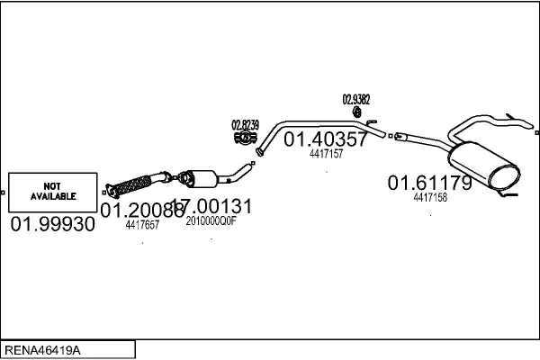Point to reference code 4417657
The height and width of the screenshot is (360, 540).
[142, 225]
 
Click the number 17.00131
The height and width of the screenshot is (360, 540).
[212, 207]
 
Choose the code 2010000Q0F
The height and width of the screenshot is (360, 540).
[211, 220]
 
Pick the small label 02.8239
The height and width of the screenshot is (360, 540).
[245, 125]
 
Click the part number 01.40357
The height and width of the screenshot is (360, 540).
[326, 139]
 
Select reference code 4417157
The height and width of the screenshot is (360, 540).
[326, 154]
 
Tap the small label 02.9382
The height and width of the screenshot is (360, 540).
[356, 99]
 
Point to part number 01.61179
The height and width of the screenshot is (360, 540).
[429, 184]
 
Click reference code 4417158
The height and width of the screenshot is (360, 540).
[430, 197]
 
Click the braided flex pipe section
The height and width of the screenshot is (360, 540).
[135, 184]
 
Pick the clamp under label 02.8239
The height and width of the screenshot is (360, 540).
[243, 139]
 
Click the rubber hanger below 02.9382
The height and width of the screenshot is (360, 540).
[356, 112]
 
